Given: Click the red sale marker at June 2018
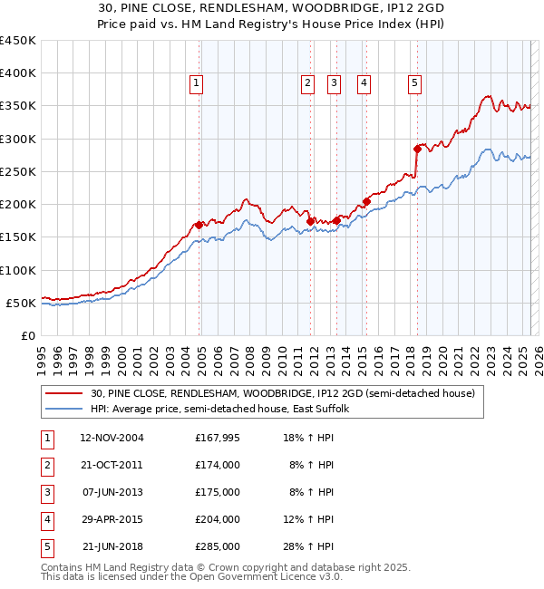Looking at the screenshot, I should tap(417, 148).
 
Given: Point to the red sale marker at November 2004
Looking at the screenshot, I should tap(199, 225).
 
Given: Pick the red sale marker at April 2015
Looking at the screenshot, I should tap(366, 201).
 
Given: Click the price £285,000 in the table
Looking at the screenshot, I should tap(217, 546).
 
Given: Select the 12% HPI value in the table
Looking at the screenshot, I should tap(313, 519).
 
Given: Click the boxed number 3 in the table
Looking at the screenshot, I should tap(46, 492).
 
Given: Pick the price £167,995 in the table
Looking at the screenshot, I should tap(217, 438).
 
